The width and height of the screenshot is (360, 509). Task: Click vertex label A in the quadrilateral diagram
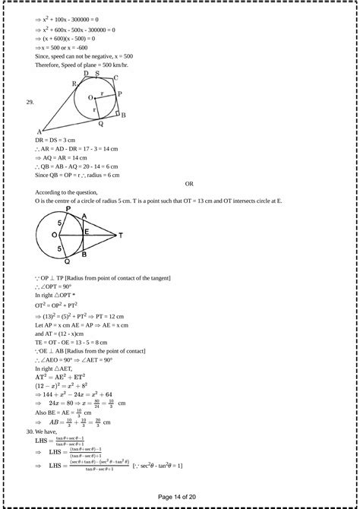(39, 132)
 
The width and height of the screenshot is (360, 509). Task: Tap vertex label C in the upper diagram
(115, 77)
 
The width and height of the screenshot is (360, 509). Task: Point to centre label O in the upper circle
(90, 97)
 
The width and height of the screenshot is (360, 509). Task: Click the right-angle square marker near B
(118, 112)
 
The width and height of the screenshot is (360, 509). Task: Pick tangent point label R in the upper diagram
(74, 84)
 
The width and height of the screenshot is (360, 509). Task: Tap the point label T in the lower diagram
(120, 236)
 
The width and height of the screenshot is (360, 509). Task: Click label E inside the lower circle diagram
(87, 231)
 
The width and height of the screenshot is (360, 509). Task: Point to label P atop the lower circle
(68, 208)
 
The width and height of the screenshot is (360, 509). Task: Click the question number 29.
(30, 101)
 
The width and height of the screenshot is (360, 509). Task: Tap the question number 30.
(30, 431)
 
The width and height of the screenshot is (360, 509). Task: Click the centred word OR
(190, 183)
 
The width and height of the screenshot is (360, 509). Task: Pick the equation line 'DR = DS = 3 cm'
(55, 141)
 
